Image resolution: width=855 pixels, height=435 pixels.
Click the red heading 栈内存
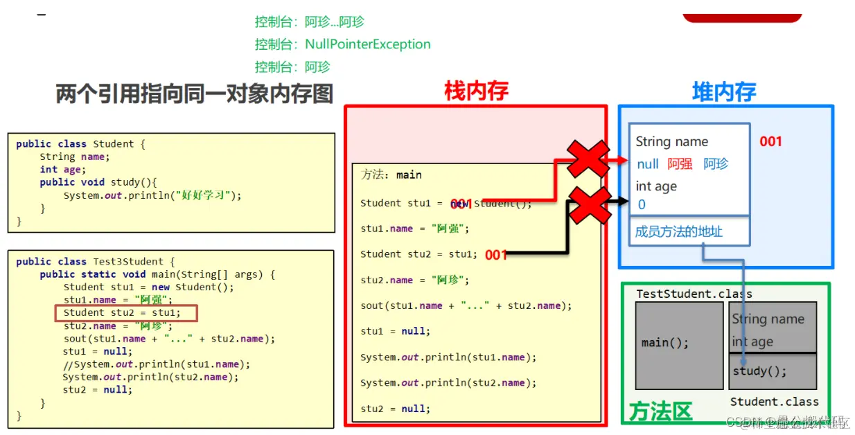[x=476, y=91]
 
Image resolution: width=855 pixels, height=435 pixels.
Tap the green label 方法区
[x=660, y=411]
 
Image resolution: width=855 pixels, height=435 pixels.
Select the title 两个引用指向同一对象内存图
[x=195, y=94]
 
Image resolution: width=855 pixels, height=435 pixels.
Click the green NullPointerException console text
[x=367, y=44]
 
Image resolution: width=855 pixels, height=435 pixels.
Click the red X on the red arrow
[x=588, y=159]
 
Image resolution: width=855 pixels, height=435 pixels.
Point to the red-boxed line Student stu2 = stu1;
[x=127, y=313]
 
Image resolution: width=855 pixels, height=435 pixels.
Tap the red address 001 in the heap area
[x=770, y=142]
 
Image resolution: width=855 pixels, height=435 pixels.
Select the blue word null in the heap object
[x=647, y=164]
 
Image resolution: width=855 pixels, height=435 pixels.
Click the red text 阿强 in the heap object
[x=680, y=164]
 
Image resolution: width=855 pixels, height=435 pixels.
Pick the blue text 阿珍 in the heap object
[x=716, y=164]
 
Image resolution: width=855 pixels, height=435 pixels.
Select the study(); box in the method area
[x=772, y=371]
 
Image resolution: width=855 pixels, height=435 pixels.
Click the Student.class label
[x=774, y=402]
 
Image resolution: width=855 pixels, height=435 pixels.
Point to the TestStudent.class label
[x=694, y=294]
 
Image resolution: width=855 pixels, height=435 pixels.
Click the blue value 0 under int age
[x=642, y=204]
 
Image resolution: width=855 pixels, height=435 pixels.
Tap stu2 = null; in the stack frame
[x=395, y=409]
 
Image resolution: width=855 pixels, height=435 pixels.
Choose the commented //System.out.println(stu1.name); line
[x=156, y=364]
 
